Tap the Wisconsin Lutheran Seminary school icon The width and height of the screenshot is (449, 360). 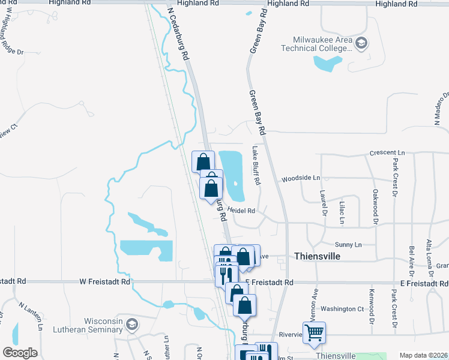(132, 325)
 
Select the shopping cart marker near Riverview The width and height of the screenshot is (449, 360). (314, 332)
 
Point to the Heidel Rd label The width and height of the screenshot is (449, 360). (241, 211)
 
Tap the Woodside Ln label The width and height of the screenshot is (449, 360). (301, 178)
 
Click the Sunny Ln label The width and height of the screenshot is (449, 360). (348, 245)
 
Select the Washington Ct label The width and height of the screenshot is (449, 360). (342, 309)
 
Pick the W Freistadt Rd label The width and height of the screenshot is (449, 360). (104, 281)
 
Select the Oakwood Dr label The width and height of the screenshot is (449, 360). (375, 203)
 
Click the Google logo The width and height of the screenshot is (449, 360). (20, 353)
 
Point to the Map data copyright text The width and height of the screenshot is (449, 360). (423, 355)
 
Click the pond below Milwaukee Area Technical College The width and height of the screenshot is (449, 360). (328, 62)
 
